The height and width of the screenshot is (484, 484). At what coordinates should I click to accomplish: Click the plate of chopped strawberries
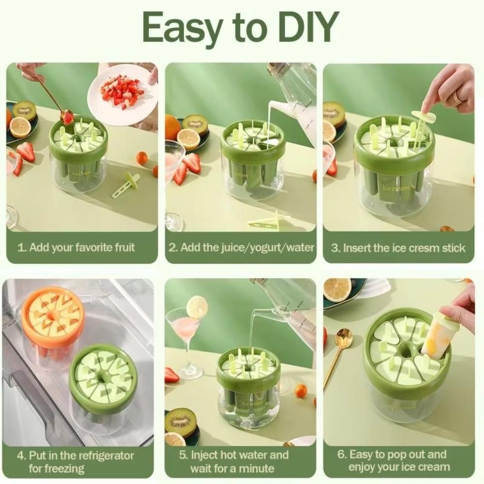click(122, 92)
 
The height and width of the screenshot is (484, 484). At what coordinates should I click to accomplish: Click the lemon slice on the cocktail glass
click(197, 306)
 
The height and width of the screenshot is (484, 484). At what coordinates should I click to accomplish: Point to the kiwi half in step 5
click(180, 423)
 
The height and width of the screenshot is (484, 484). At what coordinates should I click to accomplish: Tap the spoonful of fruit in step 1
click(68, 117)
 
